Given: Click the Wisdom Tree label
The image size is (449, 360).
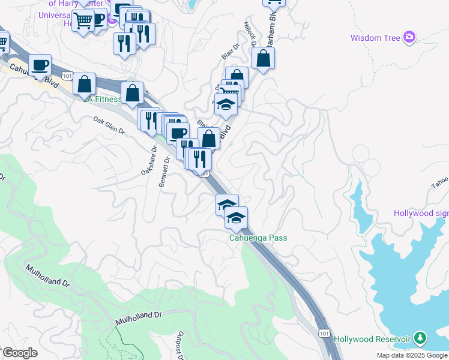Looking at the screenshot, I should pos(375,38).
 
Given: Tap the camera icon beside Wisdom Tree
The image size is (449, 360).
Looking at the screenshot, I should pos(409,37).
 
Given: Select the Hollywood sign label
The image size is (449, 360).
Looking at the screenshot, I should pos(421,213).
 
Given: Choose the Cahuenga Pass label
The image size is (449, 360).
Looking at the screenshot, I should pos(258,238).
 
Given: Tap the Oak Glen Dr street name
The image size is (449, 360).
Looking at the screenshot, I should pos(109,125).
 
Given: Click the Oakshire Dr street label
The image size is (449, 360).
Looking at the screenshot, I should pos(148,161).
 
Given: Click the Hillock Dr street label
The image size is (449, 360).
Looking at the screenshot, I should pos(250,35).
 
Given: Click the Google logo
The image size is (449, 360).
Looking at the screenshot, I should pos(20,353).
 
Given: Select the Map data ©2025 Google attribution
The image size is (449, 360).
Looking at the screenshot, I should pos(412,355).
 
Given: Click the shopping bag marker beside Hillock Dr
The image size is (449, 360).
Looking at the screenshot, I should pos(263,59).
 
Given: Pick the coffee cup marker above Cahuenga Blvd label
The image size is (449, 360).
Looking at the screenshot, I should pos(40,65).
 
